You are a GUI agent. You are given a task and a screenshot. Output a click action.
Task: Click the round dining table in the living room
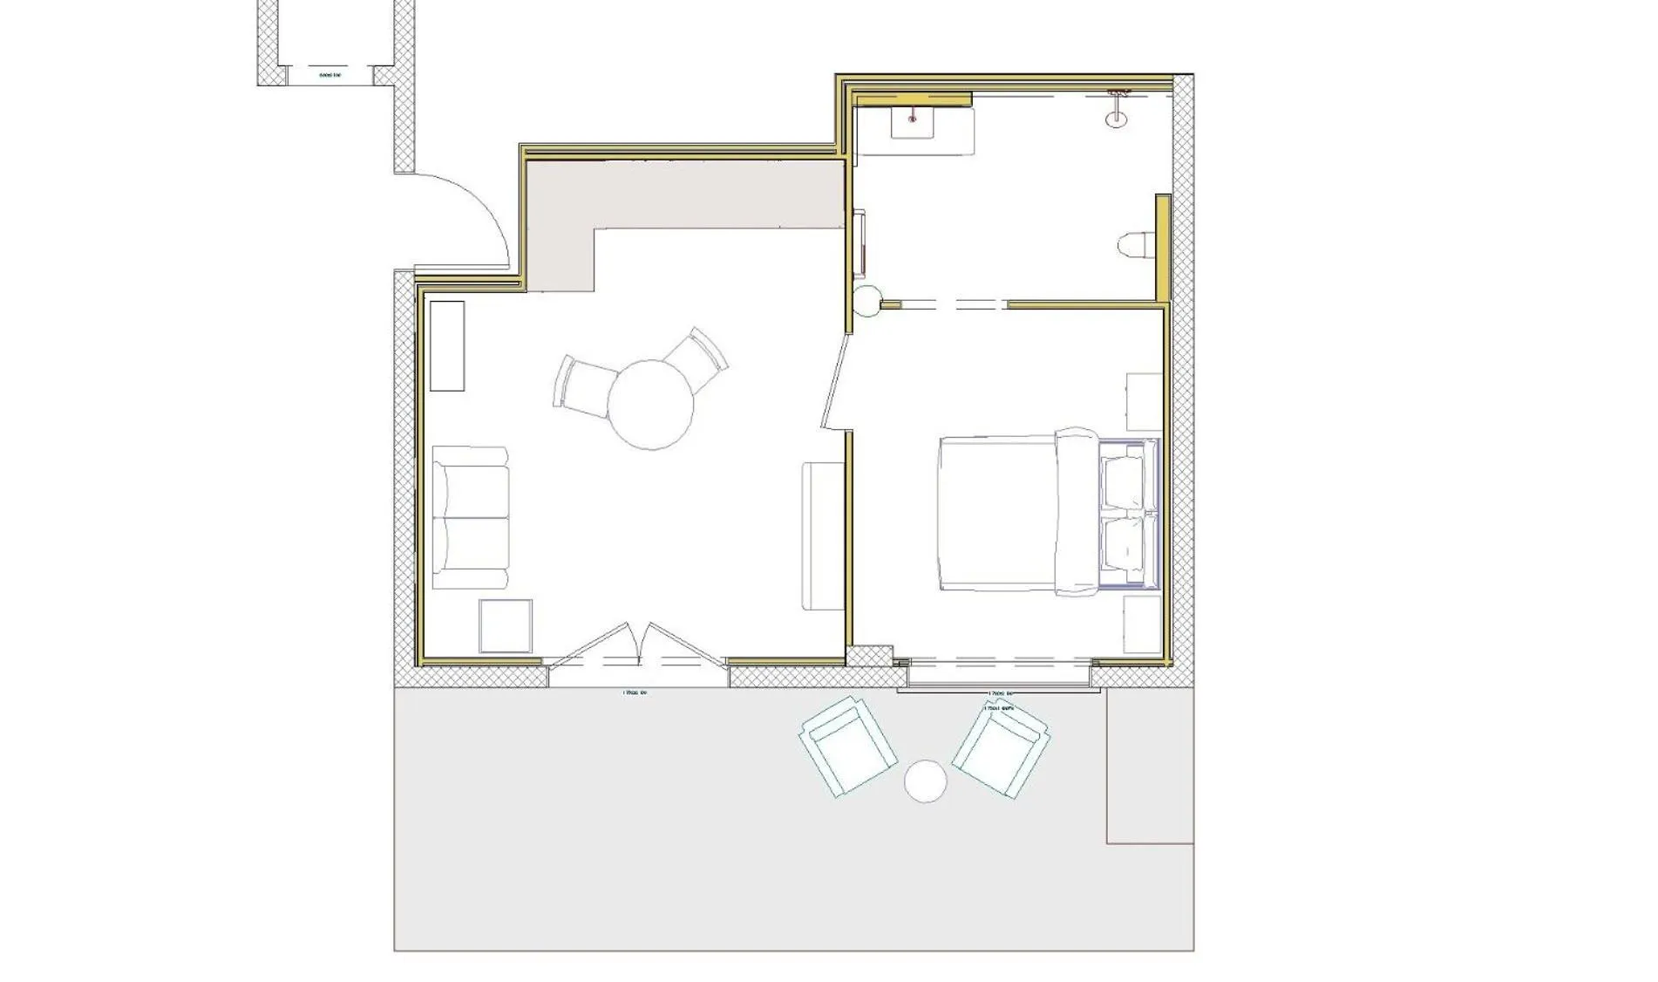(x=650, y=405)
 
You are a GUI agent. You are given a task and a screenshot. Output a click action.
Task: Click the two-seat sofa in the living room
(x=470, y=518)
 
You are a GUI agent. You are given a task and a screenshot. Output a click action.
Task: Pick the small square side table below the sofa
(x=505, y=626)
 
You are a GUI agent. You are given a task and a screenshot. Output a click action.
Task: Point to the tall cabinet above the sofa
(x=447, y=345)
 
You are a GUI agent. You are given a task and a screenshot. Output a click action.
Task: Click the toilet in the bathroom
(x=1135, y=246)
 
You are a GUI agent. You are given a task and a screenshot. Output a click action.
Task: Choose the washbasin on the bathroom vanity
(x=913, y=119)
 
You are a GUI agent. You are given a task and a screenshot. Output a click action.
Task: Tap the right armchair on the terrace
(x=1001, y=747)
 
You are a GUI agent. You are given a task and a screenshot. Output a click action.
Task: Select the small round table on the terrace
(x=925, y=781)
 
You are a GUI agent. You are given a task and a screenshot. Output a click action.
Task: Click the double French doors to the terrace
(x=636, y=645)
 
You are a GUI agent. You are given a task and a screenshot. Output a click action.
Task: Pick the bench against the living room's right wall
(x=821, y=536)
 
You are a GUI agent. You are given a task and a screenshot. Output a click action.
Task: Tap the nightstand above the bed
(x=1144, y=402)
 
